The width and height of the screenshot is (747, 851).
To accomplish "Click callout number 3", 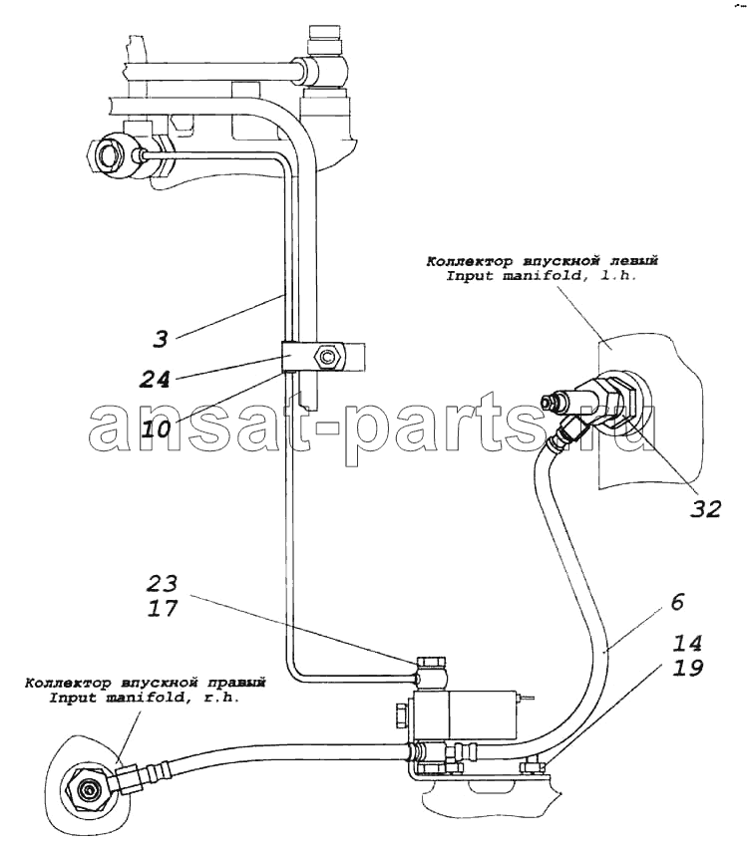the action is click(160, 339).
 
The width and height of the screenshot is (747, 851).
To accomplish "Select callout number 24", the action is click(155, 379).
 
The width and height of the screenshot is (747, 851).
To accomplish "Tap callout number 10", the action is click(156, 429).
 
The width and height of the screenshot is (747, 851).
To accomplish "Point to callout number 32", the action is click(706, 508).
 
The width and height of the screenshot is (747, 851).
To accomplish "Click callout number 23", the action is click(162, 583).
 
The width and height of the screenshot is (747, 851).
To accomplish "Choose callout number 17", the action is click(162, 608).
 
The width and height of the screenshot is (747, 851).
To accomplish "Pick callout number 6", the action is click(677, 602).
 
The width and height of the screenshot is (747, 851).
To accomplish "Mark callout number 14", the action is click(687, 644).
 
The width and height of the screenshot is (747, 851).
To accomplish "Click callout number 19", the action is click(687, 668).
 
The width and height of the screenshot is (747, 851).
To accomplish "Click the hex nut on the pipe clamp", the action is click(327, 357).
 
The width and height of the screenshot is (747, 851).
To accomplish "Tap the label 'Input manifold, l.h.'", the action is click(542, 276).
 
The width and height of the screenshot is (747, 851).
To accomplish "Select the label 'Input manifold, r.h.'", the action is click(145, 698).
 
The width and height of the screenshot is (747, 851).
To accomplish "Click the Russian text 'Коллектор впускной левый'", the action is click(542, 262).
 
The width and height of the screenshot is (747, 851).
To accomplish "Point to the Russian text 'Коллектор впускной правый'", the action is click(145, 683).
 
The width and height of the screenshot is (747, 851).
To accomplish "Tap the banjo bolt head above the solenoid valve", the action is click(432, 663).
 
